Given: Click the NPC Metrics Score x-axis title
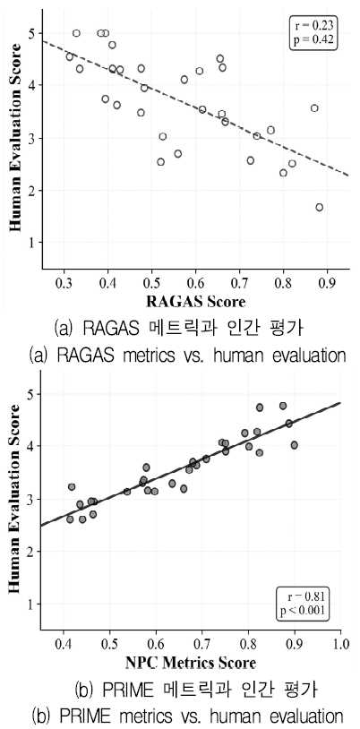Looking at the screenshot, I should click(x=191, y=663).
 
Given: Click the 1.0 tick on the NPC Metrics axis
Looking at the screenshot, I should click(x=340, y=644).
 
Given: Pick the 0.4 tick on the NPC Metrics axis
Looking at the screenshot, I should click(x=64, y=644).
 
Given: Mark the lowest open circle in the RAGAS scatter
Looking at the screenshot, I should click(x=319, y=207).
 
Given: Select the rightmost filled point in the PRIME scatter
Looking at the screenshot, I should click(x=294, y=444).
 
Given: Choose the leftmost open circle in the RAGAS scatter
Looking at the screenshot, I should click(x=70, y=56).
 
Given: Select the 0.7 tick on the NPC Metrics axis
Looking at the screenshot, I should click(x=202, y=644).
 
